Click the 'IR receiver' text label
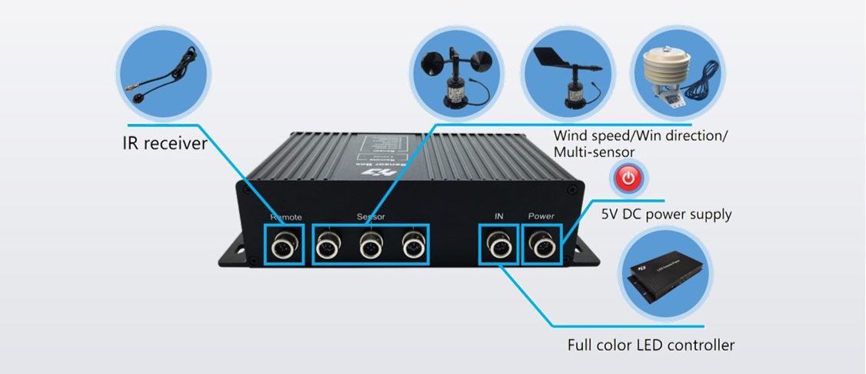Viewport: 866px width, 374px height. tap(165, 143)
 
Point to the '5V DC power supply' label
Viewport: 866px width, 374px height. tap(666, 214)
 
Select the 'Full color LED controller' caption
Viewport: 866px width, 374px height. tap(651, 345)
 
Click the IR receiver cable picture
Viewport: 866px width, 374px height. tap(162, 69)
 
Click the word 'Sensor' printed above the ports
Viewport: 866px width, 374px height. tap(371, 217)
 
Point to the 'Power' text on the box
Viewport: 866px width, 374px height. tap(541, 216)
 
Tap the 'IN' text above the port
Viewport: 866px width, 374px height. tap(498, 216)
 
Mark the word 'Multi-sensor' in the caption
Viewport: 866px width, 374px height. tap(594, 152)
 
